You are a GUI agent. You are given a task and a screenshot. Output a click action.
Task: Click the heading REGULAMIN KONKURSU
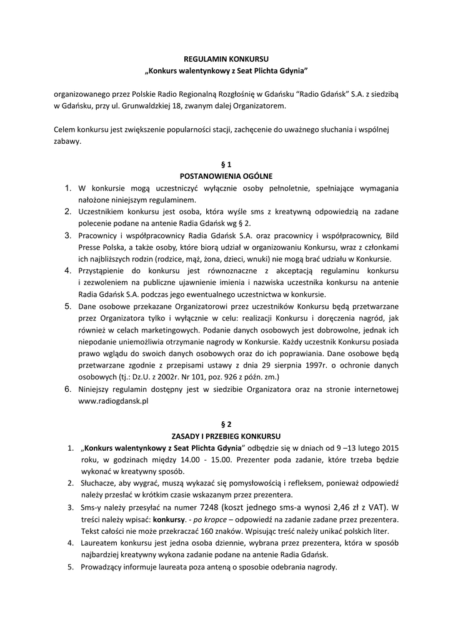(x=226, y=57)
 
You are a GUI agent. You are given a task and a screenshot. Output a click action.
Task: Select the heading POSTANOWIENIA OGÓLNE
(x=226, y=176)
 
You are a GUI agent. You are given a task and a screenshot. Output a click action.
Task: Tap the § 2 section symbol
(x=226, y=424)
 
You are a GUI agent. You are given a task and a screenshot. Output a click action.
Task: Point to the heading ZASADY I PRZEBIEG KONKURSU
(x=226, y=436)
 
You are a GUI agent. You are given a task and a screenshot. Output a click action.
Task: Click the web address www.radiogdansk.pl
(x=113, y=402)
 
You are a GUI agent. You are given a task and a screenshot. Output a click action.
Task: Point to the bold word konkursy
(x=169, y=519)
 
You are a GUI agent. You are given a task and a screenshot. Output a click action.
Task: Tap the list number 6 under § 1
(x=67, y=389)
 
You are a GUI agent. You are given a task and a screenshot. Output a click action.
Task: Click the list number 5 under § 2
(x=71, y=567)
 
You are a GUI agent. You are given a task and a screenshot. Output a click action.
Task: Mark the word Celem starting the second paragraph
(x=65, y=130)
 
